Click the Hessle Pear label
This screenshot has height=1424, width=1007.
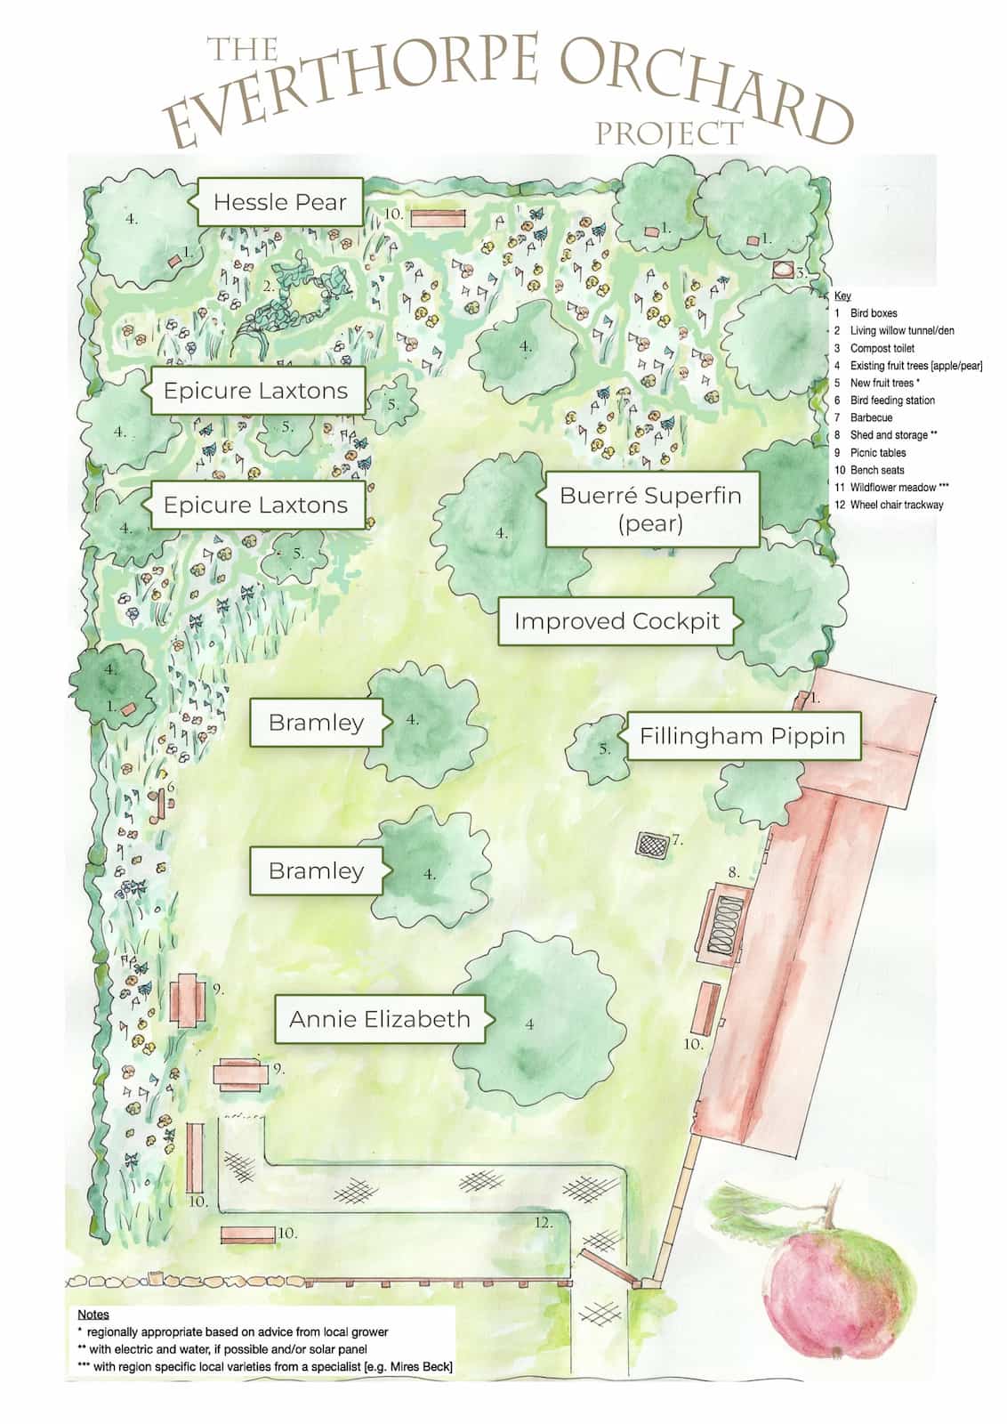coord(279,202)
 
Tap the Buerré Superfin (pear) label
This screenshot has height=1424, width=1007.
coord(650,508)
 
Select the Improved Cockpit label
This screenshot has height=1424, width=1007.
coord(616,621)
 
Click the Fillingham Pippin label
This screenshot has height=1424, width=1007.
coord(743,736)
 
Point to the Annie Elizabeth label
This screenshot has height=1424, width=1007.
coord(380,1019)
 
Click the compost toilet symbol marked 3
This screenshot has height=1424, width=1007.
coord(784,270)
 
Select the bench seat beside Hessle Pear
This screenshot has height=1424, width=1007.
coord(438,217)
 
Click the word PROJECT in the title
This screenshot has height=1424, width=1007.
coord(668,133)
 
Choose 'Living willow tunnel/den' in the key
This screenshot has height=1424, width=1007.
coord(901,330)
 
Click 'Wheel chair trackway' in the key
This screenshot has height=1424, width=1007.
coord(896,505)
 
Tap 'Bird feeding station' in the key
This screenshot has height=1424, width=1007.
coord(891,400)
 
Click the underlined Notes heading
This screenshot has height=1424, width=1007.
coord(93,1314)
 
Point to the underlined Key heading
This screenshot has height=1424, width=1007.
coord(842,296)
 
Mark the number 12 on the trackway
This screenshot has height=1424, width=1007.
coord(543,1223)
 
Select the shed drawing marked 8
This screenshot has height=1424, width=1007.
coord(721,926)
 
